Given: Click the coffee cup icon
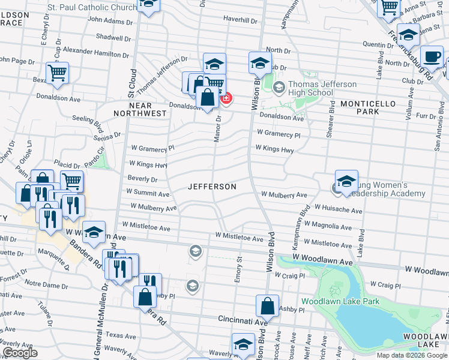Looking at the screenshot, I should click(x=432, y=57).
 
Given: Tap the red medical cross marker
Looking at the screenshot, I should click(x=226, y=97).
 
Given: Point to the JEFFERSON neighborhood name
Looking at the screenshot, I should click(x=212, y=187).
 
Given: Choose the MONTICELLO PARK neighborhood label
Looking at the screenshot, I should click(x=368, y=107).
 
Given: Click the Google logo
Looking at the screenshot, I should click(x=20, y=353).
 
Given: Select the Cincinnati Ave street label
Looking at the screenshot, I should click(x=242, y=320).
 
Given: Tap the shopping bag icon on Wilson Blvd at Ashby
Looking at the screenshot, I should click(x=267, y=306).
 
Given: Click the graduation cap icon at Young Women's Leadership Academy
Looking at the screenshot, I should click(x=346, y=182).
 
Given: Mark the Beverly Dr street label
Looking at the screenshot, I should click(x=142, y=179).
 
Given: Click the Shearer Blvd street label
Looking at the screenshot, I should click(x=331, y=119).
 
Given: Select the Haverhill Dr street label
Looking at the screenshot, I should click(x=240, y=19).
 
